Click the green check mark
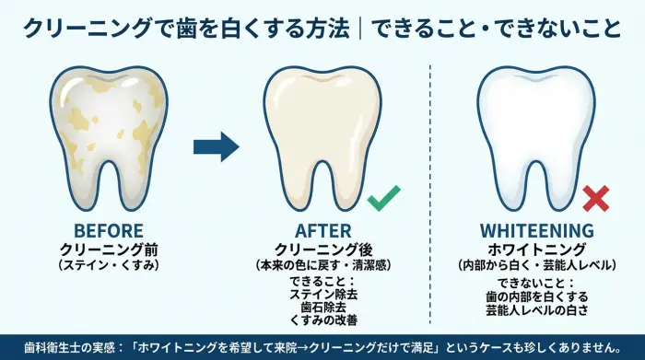383,197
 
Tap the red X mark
596,197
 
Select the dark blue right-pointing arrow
217,145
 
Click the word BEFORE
110,231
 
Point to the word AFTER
322,231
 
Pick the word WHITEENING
536,231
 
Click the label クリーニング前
110,250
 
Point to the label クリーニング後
322,250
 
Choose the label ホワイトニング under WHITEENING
536,250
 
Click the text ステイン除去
322,294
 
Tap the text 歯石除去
322,307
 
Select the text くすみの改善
322,319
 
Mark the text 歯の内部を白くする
536,296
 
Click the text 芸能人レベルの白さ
536,309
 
